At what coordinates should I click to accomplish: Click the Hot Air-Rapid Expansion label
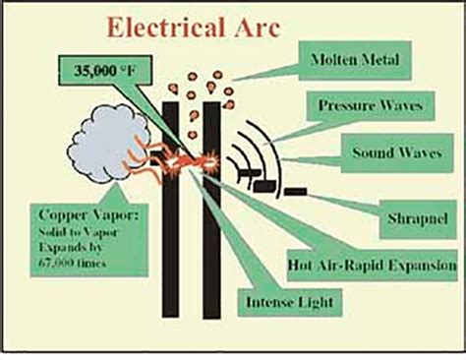pos(372,265)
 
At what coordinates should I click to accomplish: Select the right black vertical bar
pos(210,246)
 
